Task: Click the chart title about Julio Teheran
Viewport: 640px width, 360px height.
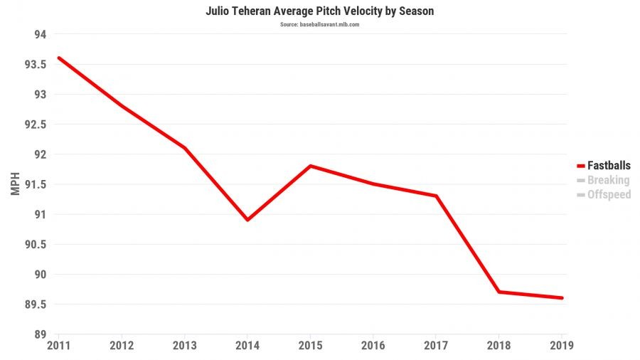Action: pos(319,11)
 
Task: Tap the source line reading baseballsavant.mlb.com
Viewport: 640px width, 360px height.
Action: pos(319,24)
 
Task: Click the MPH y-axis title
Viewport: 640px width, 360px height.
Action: pos(16,184)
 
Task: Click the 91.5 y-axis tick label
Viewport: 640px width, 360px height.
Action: pos(36,184)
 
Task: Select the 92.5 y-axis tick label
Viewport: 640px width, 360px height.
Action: pos(36,125)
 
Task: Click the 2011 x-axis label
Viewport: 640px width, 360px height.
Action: pos(58,346)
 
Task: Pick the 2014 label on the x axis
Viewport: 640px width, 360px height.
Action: pos(247,346)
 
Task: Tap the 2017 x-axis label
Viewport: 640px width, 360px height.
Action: pos(436,346)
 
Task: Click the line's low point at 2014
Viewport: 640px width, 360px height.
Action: pos(247,220)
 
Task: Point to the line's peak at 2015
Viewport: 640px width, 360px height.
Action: pos(310,166)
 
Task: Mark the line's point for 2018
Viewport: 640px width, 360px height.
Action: pos(499,292)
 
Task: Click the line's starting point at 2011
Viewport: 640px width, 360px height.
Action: pos(58,58)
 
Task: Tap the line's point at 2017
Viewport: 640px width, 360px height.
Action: pos(436,196)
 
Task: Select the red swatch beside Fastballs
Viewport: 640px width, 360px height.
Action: pos(580,166)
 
